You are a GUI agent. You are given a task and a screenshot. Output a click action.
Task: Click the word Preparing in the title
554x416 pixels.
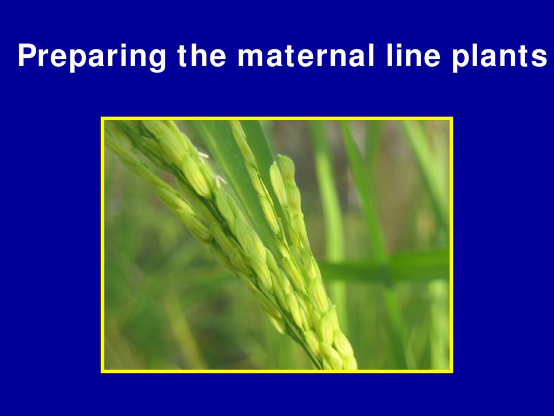pos(92,56)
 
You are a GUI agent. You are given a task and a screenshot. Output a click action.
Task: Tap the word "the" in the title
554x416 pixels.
pos(202,55)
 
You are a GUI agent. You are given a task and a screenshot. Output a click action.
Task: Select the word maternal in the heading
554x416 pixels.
pos(306,55)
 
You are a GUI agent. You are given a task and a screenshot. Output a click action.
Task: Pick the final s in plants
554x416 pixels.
pos(539,58)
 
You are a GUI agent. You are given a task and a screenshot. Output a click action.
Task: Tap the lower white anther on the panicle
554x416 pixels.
pos(221,181)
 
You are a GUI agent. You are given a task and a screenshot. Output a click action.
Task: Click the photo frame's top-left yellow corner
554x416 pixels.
pos(102,118)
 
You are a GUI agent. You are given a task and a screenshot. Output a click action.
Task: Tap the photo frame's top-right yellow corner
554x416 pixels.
pos(452,118)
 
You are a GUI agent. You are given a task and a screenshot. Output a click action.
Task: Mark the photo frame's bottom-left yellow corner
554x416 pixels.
pos(102,372)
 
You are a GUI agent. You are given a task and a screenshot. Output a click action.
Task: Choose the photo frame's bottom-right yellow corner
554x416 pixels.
pos(452,372)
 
